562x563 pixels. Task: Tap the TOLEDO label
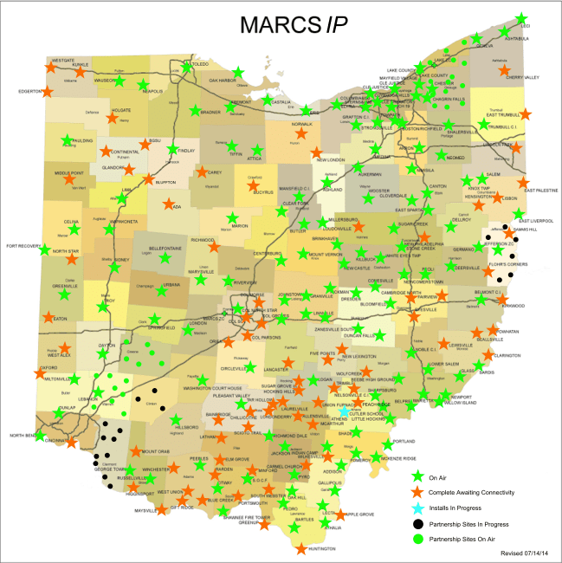(x=199, y=65)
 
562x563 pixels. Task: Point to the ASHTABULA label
(x=516, y=39)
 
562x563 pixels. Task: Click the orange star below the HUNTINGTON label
(x=300, y=548)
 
